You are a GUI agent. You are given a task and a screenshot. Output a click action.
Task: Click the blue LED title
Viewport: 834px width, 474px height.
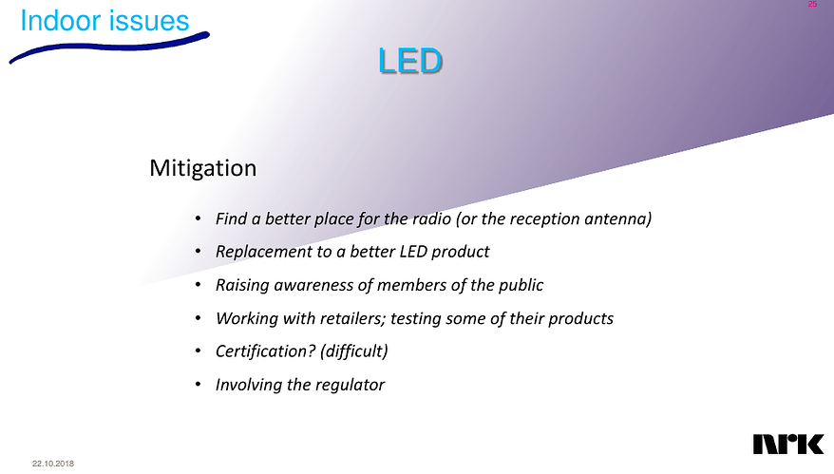click(x=409, y=62)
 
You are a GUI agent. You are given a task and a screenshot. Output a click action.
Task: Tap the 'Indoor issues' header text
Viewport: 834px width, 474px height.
click(x=104, y=20)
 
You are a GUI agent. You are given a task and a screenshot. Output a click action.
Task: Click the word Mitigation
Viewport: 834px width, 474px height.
click(x=203, y=169)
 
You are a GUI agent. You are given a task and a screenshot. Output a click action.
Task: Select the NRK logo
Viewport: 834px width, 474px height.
click(x=787, y=445)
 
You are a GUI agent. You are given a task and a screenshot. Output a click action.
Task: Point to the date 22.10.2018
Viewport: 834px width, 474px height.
click(x=53, y=463)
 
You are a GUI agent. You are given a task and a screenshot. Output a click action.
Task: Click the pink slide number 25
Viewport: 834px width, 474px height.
click(x=812, y=6)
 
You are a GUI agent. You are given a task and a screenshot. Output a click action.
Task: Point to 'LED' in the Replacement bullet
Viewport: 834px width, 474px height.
click(x=411, y=253)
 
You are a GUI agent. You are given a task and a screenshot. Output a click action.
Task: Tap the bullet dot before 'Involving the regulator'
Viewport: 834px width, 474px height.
click(x=197, y=385)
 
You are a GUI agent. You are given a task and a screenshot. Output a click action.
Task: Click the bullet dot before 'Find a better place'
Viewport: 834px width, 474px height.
click(x=197, y=219)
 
